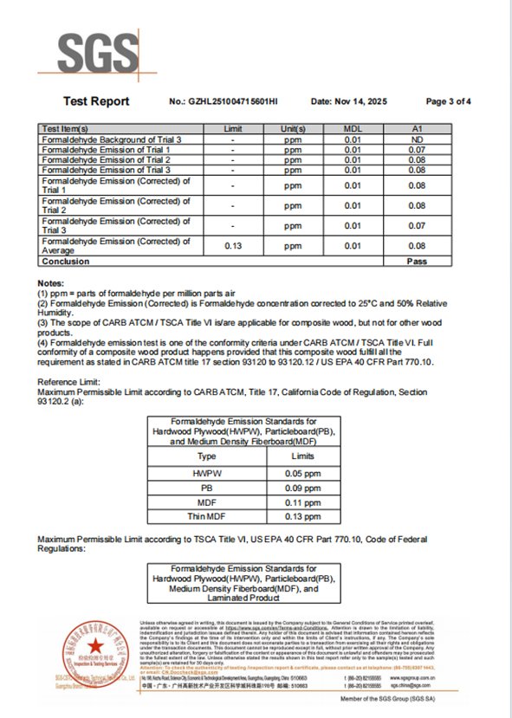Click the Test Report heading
point(96,101)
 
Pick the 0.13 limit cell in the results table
point(233,246)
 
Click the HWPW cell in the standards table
point(206,475)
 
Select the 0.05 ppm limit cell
point(302,475)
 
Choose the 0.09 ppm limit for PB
point(302,488)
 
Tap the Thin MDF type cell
point(206,516)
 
